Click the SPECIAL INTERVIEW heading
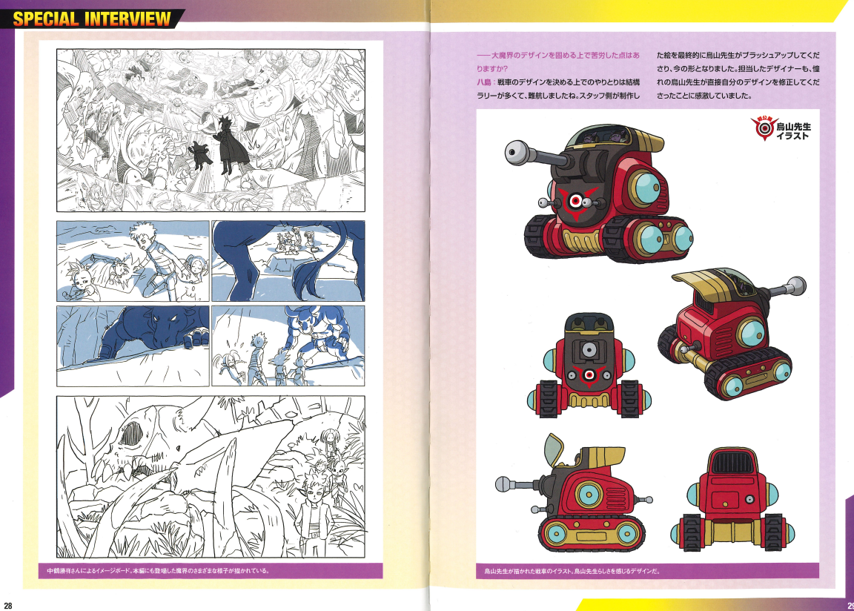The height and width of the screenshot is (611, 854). pos(91,19)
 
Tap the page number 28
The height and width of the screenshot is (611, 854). pos(7,606)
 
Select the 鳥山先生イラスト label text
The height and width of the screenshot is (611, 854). pos(793,131)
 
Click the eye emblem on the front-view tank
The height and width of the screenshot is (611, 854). pos(588,374)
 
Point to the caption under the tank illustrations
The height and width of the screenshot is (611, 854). pos(572,571)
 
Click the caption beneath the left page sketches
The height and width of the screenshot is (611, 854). pos(158,571)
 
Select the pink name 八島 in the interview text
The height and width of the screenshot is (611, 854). pos(483,82)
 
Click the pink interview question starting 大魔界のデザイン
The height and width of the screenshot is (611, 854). pos(558,62)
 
